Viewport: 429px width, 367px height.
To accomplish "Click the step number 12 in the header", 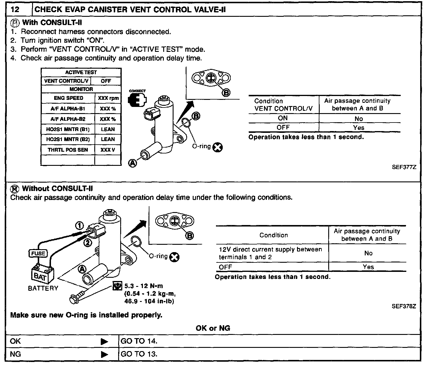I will tap(15, 9).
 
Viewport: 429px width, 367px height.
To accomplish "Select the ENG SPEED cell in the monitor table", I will tap(68, 98).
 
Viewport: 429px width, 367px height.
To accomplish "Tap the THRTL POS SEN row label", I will tap(68, 150).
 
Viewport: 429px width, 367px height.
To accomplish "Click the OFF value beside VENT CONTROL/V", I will tap(106, 81).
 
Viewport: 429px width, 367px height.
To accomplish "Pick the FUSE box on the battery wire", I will tap(38, 253).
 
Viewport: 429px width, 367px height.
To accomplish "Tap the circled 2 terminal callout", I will tap(88, 242).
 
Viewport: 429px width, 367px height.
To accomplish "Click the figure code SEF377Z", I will tap(404, 167).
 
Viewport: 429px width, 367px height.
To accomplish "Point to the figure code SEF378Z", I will tap(404, 306).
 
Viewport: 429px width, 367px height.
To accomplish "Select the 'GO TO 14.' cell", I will tap(139, 341).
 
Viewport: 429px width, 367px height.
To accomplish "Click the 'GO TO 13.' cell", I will tap(139, 354).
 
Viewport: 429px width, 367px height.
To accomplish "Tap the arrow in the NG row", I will tap(104, 354).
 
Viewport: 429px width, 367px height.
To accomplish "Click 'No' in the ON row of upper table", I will tap(359, 119).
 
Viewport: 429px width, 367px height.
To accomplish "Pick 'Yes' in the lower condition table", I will tap(368, 267).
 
